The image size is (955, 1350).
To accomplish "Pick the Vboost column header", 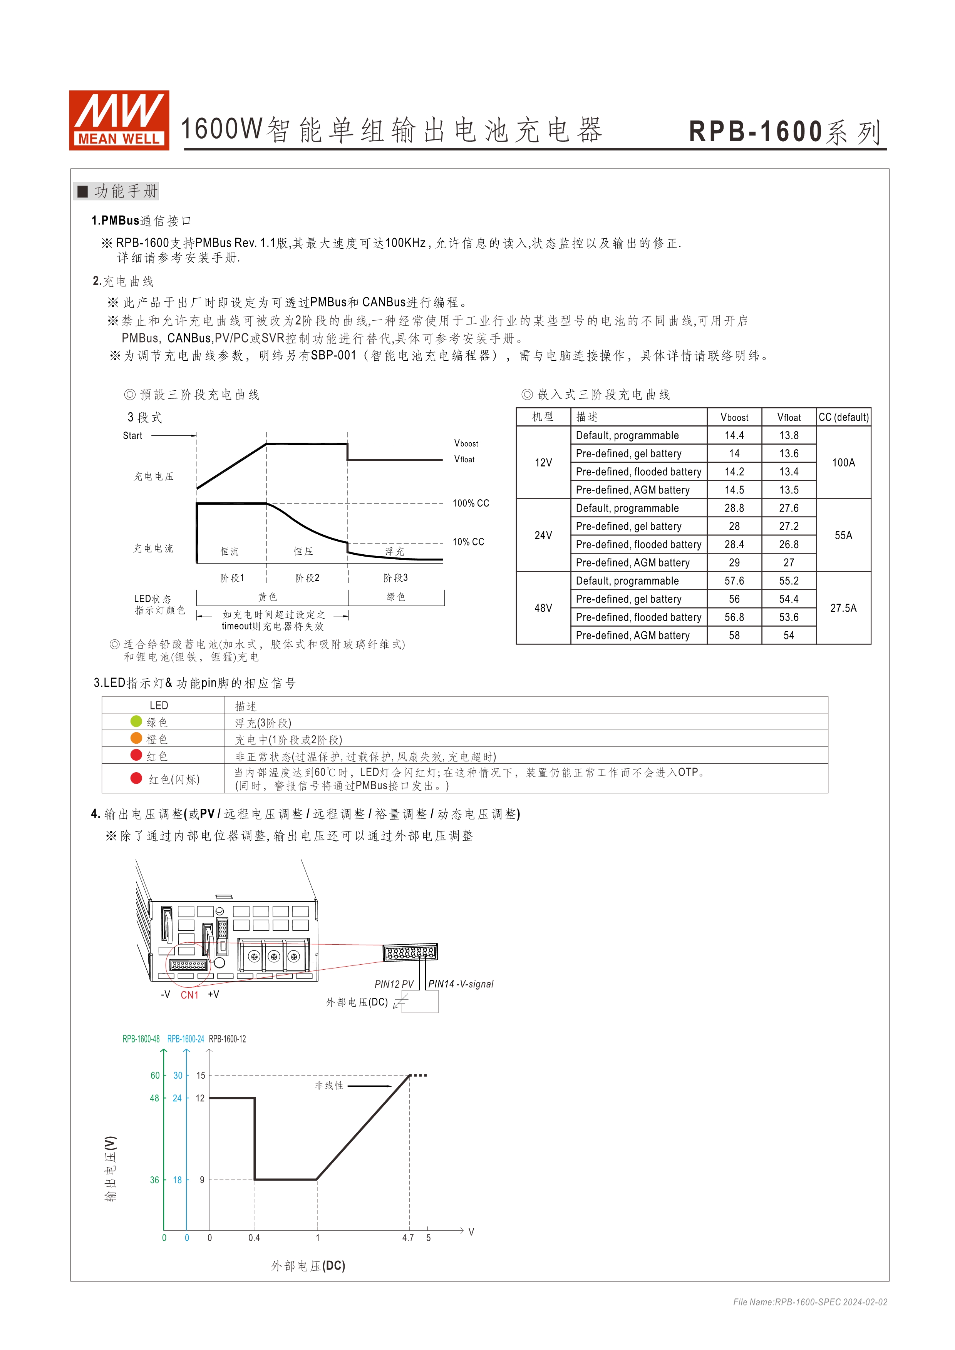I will click(x=734, y=417).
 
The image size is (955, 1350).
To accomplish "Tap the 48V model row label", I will click(x=543, y=608).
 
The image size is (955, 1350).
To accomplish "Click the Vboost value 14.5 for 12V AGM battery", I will click(x=734, y=490).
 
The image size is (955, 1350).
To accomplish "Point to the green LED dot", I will click(x=136, y=721).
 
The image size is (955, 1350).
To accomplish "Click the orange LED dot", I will click(x=136, y=738).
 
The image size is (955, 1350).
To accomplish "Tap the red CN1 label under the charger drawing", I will click(x=189, y=995).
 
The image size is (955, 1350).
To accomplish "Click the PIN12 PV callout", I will click(x=394, y=984).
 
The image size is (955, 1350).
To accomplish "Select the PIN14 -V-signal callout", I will click(x=461, y=984).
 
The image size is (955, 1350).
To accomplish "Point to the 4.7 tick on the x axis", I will click(x=408, y=1238).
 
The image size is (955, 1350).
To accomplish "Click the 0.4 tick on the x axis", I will click(x=254, y=1238).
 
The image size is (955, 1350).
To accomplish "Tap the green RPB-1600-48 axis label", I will click(x=141, y=1039).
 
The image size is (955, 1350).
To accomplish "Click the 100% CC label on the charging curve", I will click(x=471, y=503).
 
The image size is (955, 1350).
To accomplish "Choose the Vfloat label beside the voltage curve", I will click(x=464, y=459).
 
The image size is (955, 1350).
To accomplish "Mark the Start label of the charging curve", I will click(x=132, y=436).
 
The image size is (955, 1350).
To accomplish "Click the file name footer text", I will click(x=810, y=1302).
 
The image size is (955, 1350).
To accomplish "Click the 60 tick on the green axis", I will click(x=155, y=1076).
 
